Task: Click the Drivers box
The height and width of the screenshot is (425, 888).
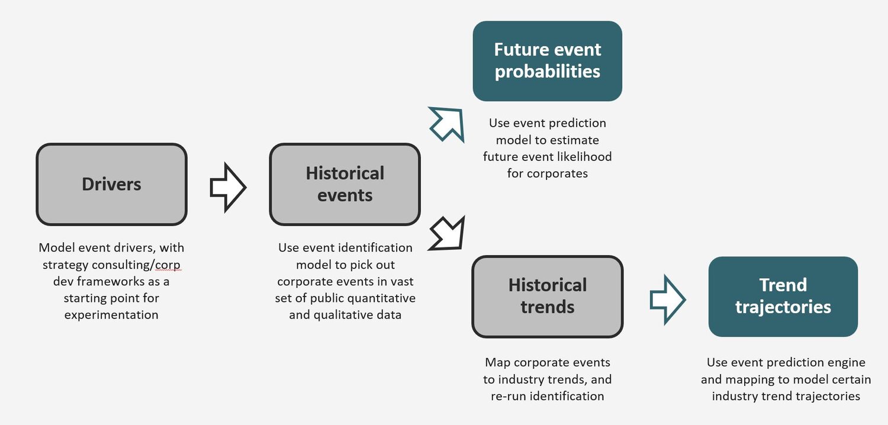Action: point(111,184)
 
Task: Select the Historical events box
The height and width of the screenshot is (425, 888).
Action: point(345,184)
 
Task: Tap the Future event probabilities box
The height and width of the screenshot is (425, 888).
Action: point(547,61)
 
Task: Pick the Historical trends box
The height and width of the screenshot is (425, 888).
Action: point(547,296)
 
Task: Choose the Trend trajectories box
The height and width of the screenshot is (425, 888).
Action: point(783,296)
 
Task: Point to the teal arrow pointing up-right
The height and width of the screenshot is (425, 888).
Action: point(447,124)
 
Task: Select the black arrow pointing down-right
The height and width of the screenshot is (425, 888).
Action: point(447,233)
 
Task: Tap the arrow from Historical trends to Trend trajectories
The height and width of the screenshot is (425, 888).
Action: point(667,300)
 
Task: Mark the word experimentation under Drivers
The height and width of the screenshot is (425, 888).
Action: point(111,314)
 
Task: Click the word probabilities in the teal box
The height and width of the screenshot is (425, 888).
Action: point(547,72)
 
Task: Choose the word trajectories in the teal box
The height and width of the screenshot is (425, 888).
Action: point(783,307)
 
